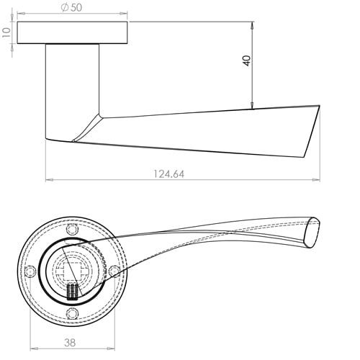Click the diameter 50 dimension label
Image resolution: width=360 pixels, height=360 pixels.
73,7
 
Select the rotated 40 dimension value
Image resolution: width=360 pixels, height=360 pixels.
247,60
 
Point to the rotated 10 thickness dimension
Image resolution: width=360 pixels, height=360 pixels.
6,32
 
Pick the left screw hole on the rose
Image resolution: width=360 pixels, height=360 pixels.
30,271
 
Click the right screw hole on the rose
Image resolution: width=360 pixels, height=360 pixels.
114,271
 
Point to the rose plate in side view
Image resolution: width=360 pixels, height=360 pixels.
72,33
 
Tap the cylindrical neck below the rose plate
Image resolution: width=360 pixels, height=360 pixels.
72,90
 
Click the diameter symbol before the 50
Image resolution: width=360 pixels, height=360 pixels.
65,7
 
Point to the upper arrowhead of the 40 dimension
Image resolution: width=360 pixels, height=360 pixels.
252,24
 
